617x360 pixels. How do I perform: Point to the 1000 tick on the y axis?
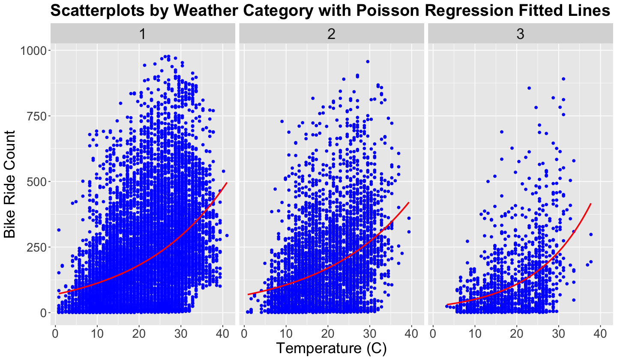pos(32,51)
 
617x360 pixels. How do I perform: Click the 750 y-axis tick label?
pos(36,116)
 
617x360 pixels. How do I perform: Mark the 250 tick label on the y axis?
pos(36,247)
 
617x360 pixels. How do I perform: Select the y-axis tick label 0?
pos(43,313)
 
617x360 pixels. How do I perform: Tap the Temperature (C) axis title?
pos(331,348)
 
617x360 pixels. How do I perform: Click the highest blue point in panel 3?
pos(563,79)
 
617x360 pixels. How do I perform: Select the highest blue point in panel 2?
pos(368,62)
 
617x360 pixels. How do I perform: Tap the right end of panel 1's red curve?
pos(227,183)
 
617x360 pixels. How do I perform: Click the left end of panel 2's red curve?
pos(248,294)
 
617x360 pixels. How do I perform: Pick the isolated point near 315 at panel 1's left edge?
pos(59,230)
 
